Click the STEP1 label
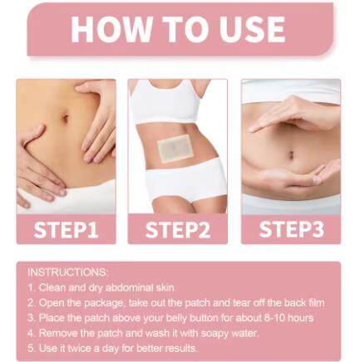tap(66, 229)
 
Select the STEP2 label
tap(178, 229)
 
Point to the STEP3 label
tap(290, 229)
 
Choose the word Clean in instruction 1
tap(52, 286)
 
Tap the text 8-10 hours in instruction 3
tap(288, 317)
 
